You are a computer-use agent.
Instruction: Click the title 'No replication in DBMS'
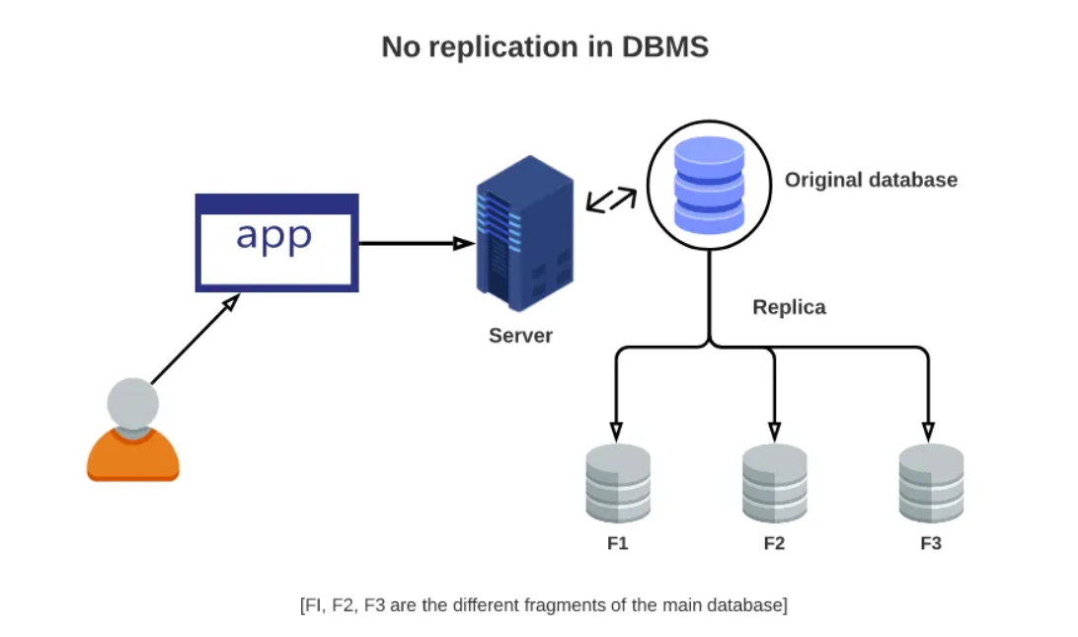545,46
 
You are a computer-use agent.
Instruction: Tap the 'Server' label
520,336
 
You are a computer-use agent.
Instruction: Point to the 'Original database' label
871,180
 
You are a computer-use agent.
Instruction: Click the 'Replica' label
789,307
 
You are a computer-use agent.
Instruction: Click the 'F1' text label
618,543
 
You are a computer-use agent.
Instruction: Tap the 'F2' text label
774,543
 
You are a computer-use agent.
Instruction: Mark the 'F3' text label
931,543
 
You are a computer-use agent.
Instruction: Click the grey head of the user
132,404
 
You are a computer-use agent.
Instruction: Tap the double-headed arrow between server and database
611,199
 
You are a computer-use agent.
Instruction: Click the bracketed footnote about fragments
543,604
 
